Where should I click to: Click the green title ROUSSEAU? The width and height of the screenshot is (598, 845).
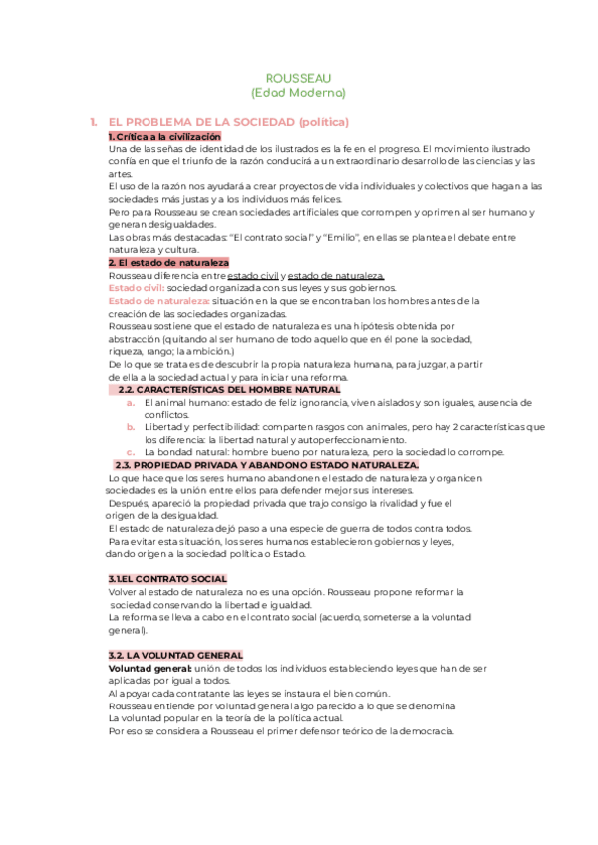pyautogui.click(x=298, y=77)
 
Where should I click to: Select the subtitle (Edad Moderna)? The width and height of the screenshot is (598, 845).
pyautogui.click(x=298, y=92)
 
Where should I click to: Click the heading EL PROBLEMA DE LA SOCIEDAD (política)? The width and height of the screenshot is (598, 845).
pyautogui.click(x=228, y=122)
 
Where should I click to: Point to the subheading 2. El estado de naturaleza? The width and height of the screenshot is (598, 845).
pyautogui.click(x=167, y=262)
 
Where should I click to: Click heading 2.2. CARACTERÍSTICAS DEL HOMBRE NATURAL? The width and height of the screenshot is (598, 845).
pyautogui.click(x=228, y=389)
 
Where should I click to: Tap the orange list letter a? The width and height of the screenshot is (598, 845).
pyautogui.click(x=131, y=402)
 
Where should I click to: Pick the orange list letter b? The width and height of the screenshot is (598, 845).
pyautogui.click(x=131, y=426)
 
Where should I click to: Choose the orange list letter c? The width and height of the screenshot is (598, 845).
pyautogui.click(x=131, y=452)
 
